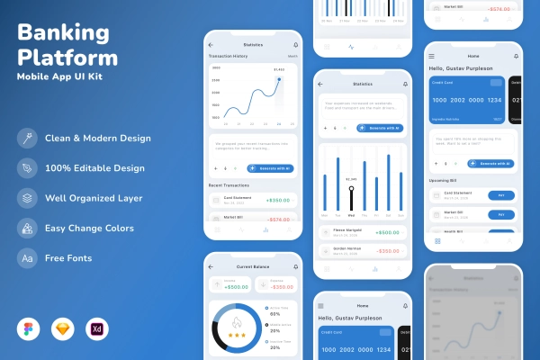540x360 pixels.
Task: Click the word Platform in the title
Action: pos(67,58)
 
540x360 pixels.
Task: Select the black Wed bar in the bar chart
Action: pos(351,197)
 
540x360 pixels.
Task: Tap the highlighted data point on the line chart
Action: pos(279,79)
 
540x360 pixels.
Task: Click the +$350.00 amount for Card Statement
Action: pos(278,200)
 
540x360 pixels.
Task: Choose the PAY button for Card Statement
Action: pos(500,195)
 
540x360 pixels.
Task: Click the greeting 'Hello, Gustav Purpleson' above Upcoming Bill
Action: pos(460,69)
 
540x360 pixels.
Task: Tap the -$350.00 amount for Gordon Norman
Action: pos(388,251)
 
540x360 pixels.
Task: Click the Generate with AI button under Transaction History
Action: pos(270,168)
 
